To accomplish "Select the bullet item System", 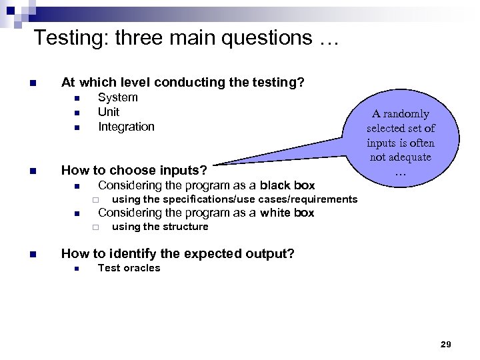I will coord(118,97).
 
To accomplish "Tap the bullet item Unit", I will coord(109,112).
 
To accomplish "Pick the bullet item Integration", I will coord(126,127).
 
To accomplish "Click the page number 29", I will coord(446,344).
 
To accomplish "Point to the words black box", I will coord(287,185).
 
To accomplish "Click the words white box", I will coord(287,213).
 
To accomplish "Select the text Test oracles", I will coord(129,268).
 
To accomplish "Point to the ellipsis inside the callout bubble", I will coord(400,172).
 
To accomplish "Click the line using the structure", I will coord(160,227).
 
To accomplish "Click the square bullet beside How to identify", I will coord(31,254).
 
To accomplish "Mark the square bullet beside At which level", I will coord(31,83).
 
